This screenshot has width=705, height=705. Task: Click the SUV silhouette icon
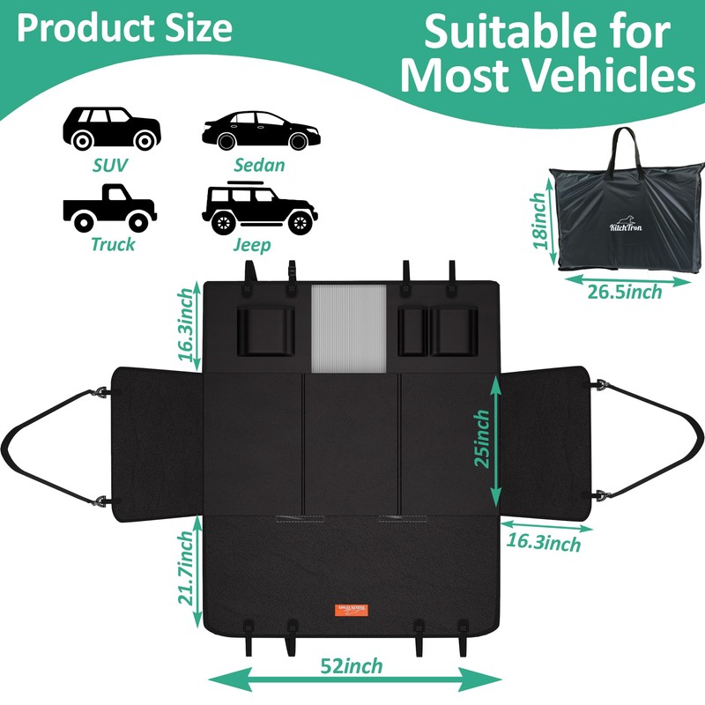point(111,130)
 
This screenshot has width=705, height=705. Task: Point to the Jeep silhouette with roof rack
point(259,208)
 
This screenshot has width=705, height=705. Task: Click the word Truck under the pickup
point(113,244)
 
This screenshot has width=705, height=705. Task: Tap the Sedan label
point(259,165)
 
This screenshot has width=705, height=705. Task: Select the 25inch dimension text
point(481,438)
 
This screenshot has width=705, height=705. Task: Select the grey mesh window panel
point(349,328)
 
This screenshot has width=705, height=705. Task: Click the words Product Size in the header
point(124,28)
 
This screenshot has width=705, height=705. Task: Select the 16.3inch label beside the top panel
point(185,324)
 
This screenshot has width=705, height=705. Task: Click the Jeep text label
point(252,244)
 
